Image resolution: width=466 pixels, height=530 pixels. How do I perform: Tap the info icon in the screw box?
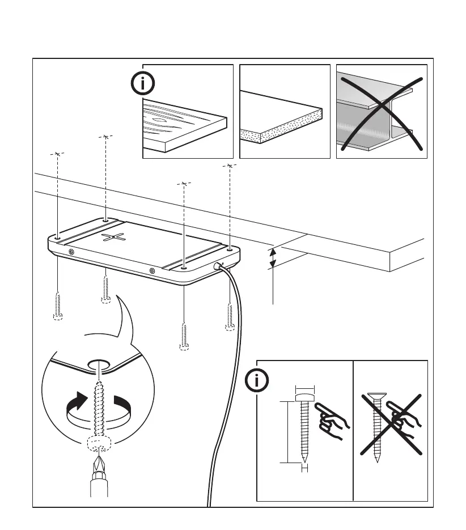pos(258,381)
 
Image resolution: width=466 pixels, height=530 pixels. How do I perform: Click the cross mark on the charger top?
pos(113,238)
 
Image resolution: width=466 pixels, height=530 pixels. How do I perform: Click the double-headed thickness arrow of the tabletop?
pos(273,257)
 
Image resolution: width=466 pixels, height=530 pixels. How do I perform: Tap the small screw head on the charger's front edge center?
pos(151,271)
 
